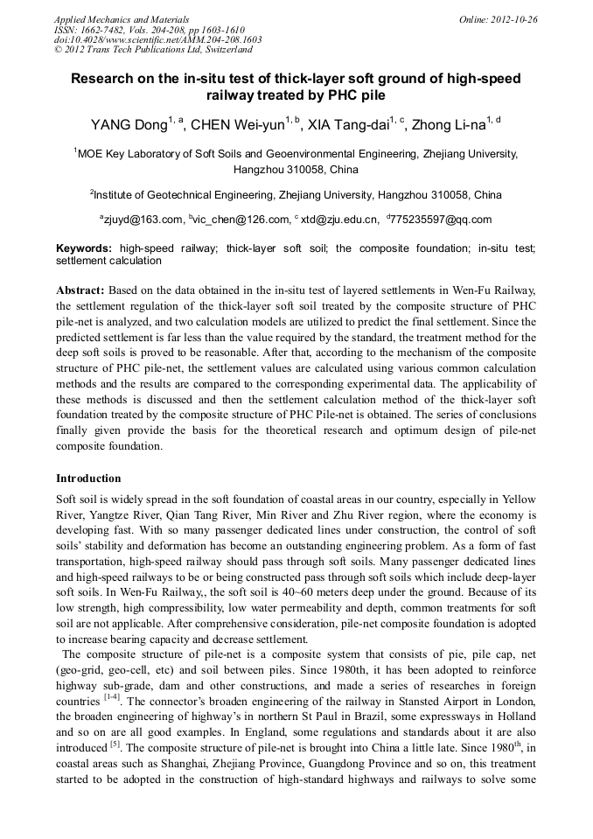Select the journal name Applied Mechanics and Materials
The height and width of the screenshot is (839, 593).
[x=122, y=19]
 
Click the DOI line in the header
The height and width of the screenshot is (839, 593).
[x=157, y=40]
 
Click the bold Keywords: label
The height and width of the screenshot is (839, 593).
[x=84, y=248]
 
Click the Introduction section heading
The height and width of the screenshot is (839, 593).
[x=88, y=479]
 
